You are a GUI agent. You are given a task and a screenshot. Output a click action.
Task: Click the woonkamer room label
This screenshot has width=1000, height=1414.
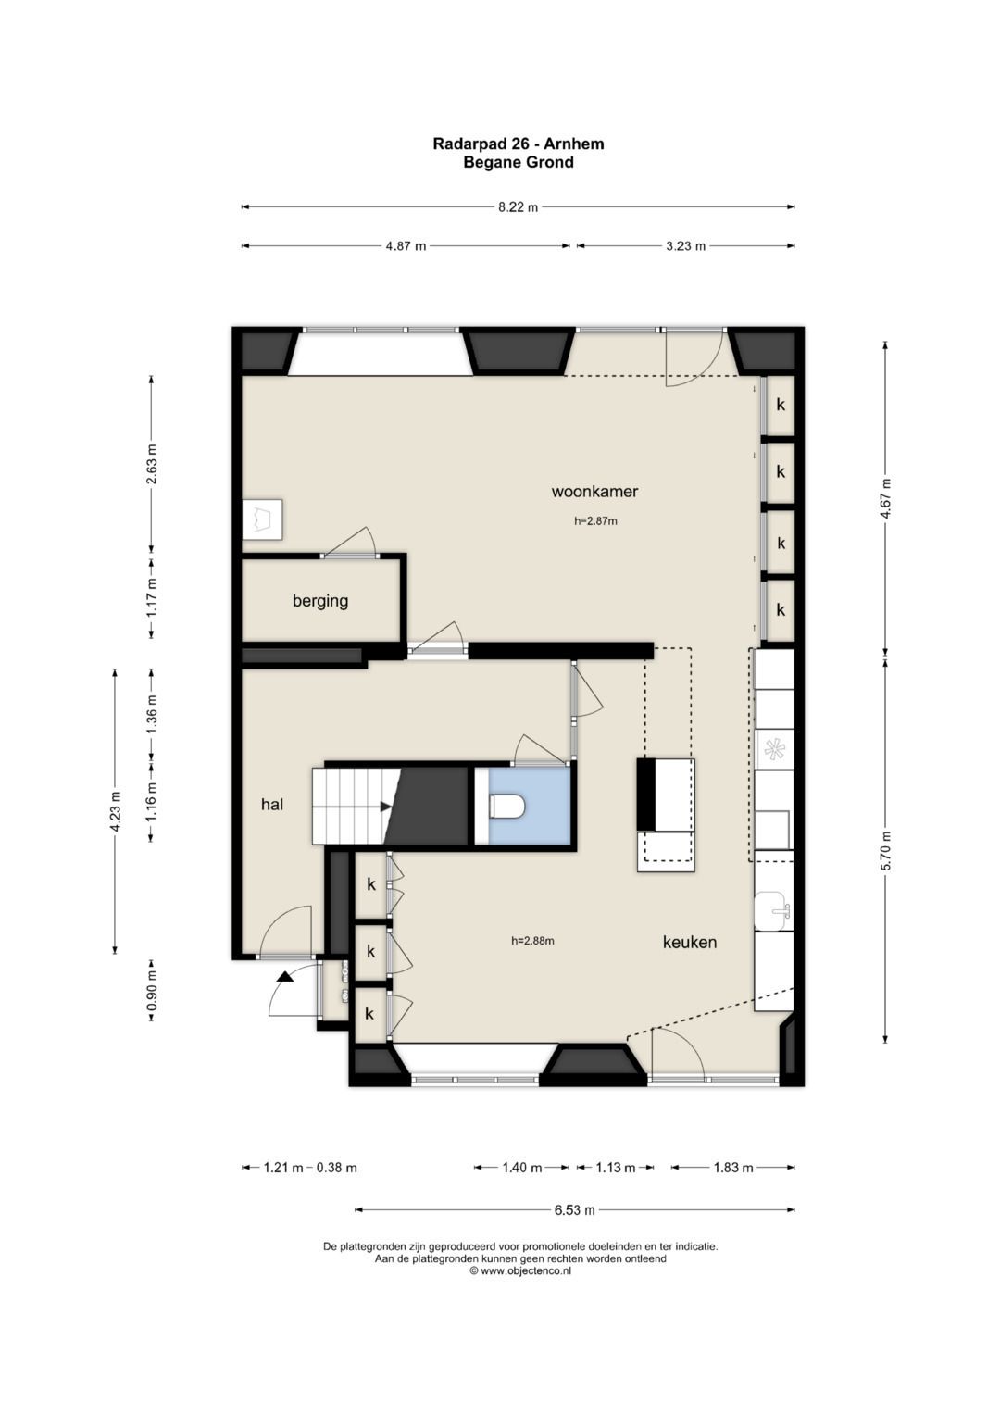[594, 491]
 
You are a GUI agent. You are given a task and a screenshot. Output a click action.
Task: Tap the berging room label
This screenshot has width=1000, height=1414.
[320, 601]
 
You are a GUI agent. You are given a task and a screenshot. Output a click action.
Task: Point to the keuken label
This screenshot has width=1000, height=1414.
[690, 942]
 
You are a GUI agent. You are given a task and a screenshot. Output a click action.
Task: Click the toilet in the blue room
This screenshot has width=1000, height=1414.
[507, 807]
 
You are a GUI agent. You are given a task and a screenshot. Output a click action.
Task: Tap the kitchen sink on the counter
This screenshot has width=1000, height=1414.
[772, 911]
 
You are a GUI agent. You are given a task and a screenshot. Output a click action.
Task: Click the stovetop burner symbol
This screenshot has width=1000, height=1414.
[773, 750]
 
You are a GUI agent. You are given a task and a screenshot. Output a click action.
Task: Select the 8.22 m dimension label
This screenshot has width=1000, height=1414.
[518, 207]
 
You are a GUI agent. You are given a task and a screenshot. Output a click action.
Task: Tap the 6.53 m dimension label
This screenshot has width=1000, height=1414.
[574, 1209]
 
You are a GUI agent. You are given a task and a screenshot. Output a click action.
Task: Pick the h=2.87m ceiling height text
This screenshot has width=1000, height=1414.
[595, 521]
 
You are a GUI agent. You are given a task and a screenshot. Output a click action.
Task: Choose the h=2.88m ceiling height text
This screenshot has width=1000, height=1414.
[532, 941]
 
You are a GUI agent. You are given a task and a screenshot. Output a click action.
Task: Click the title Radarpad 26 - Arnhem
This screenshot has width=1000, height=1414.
[519, 144]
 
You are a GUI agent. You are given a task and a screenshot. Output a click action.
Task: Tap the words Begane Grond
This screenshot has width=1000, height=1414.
[519, 162]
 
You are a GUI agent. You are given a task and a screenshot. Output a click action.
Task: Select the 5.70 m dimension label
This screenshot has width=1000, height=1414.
[886, 850]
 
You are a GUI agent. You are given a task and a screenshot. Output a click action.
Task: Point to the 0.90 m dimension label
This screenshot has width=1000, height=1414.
[151, 998]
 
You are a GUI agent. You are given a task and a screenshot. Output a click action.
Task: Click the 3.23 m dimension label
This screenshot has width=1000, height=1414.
[685, 246]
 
